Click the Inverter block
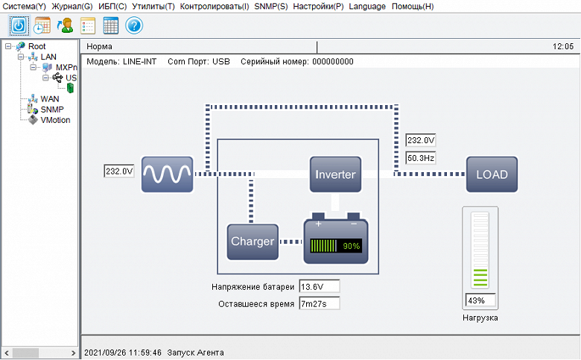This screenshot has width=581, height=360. (x=335, y=174)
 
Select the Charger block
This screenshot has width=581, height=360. (x=253, y=241)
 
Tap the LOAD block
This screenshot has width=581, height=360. (x=492, y=174)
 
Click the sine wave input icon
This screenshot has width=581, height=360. (x=168, y=174)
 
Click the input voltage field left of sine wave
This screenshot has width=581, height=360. (x=119, y=171)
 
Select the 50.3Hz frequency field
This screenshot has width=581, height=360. (x=421, y=158)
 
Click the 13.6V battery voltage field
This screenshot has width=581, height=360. (x=319, y=286)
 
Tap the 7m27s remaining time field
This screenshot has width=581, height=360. (x=319, y=303)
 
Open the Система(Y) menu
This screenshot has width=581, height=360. (x=24, y=6)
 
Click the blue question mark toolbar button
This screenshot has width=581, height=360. (x=134, y=25)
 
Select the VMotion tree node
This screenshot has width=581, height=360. (x=55, y=120)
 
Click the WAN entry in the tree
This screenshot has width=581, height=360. (x=49, y=98)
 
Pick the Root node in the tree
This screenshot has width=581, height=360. (x=36, y=46)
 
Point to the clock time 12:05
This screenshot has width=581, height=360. (x=563, y=46)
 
